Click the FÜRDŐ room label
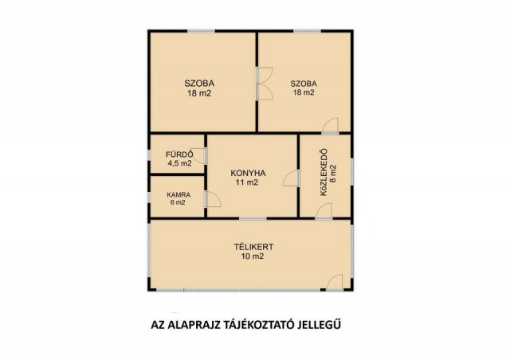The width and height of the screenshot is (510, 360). click(179, 155)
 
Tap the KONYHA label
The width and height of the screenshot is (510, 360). click(248, 173)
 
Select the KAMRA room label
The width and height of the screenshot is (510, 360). click(178, 195)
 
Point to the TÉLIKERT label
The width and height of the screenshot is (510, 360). click(253, 247)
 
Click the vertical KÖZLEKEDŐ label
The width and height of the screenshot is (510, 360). click(324, 172)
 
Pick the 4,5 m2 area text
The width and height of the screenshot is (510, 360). click(179, 163)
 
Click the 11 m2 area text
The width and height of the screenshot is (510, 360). click(247, 182)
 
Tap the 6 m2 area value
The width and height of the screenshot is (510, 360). click(178, 202)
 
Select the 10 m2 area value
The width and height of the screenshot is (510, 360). click(253, 256)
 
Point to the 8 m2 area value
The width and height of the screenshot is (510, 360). click(333, 174)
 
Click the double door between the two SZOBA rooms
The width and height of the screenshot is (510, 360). click(264, 84)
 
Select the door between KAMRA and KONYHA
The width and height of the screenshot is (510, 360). click(213, 199)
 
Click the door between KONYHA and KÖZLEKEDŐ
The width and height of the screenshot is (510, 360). click(291, 178)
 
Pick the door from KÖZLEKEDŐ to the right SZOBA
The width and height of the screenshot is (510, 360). click(331, 126)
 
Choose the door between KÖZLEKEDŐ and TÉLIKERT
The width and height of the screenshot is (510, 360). click(324, 210)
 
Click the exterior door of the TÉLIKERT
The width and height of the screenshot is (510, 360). click(335, 282)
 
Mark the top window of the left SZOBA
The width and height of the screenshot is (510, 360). click(201, 31)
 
